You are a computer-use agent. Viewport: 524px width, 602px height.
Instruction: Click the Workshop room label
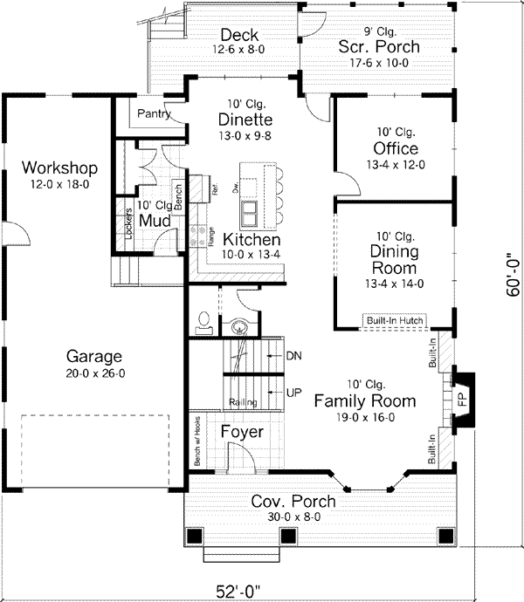click(x=59, y=168)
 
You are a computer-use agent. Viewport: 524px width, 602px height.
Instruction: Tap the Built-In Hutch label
click(x=395, y=321)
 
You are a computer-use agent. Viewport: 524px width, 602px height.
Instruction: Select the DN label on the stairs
click(x=293, y=356)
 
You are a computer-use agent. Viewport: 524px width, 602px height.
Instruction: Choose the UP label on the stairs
click(x=293, y=393)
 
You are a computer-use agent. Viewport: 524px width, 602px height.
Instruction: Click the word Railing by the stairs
click(x=242, y=402)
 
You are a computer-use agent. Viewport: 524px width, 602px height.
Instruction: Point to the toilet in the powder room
click(x=203, y=322)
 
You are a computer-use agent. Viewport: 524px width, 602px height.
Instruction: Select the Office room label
click(x=395, y=149)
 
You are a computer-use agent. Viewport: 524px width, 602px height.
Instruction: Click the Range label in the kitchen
click(x=210, y=234)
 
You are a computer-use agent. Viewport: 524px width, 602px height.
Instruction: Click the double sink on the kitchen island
click(x=249, y=212)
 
